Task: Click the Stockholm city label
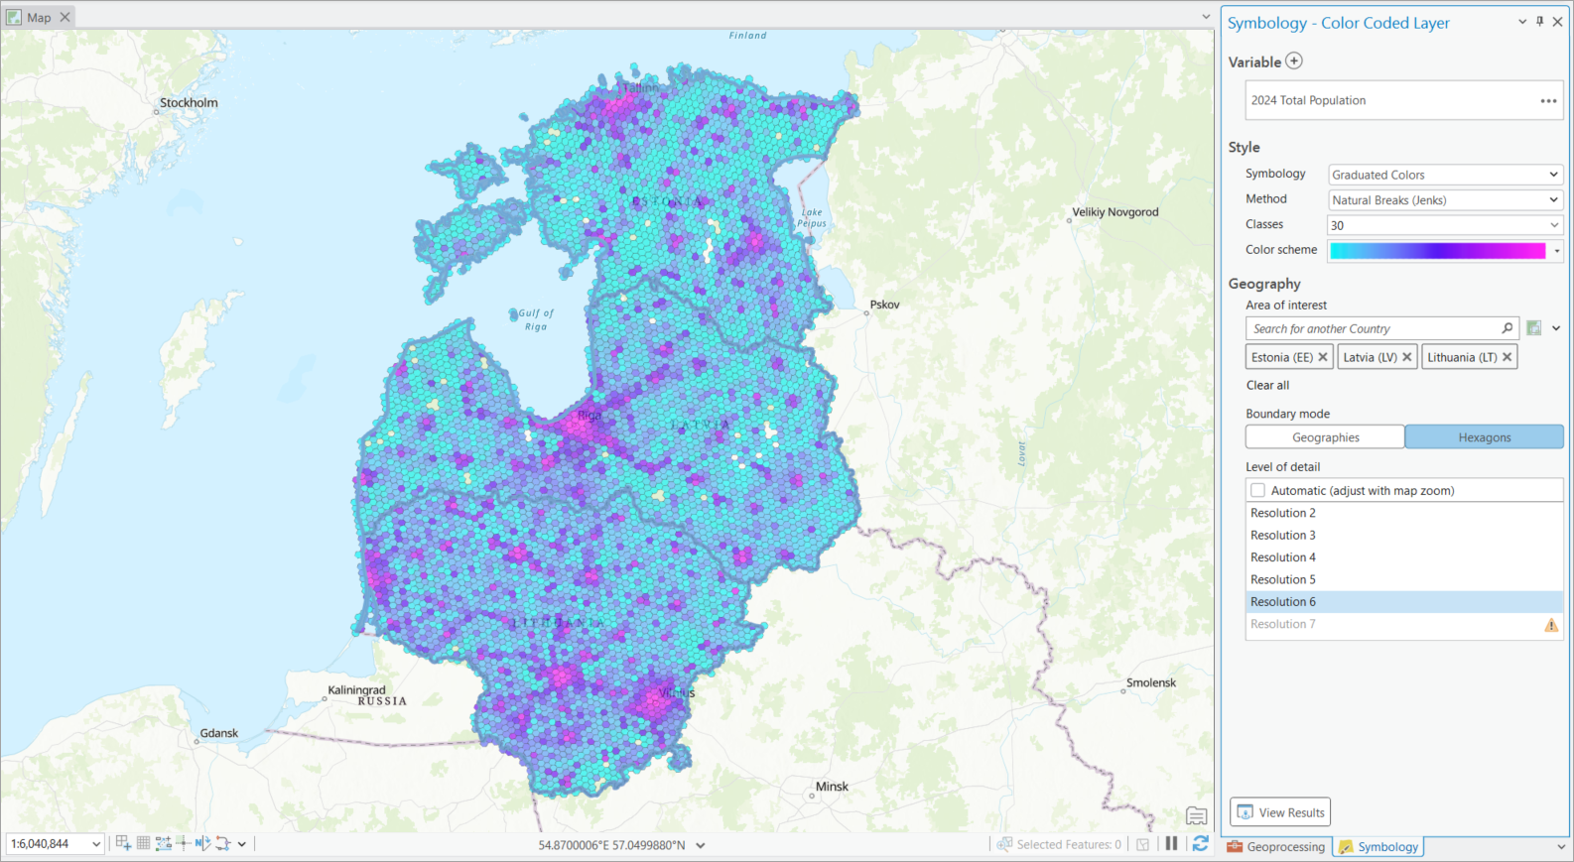click(x=189, y=103)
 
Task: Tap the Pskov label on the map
click(x=884, y=305)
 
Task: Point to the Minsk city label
click(x=832, y=787)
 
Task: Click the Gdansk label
click(x=219, y=733)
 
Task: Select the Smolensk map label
click(x=1150, y=682)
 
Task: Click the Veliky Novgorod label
click(x=1115, y=212)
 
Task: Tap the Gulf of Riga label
click(x=536, y=319)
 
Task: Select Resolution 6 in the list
click(x=1283, y=602)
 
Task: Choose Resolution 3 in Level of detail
click(x=1283, y=536)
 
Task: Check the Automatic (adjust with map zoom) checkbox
click(x=1258, y=490)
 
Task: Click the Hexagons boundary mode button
click(x=1484, y=437)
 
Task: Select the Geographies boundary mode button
click(x=1325, y=437)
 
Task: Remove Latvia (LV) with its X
click(x=1407, y=357)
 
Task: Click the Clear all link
click(x=1267, y=385)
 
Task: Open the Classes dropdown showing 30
click(x=1445, y=225)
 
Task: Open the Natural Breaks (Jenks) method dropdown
click(x=1445, y=200)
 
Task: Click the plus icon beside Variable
click(x=1294, y=62)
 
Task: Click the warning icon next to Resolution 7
click(x=1551, y=625)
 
